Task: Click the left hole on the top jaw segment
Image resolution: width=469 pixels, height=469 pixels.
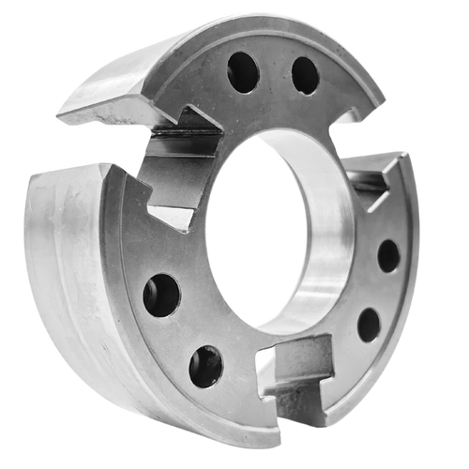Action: tap(242, 71)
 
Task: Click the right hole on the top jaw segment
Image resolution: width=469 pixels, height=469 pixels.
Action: tap(304, 75)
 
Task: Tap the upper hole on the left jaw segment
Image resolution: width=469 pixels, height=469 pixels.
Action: tap(161, 295)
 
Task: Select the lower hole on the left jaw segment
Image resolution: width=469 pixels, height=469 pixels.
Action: tap(205, 366)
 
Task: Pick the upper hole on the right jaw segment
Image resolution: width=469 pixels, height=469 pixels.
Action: tap(388, 255)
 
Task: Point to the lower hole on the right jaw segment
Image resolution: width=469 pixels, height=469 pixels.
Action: tap(369, 324)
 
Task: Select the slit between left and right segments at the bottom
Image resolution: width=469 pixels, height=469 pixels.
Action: tap(280, 413)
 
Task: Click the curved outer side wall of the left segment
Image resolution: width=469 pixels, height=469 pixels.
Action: tap(66, 272)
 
